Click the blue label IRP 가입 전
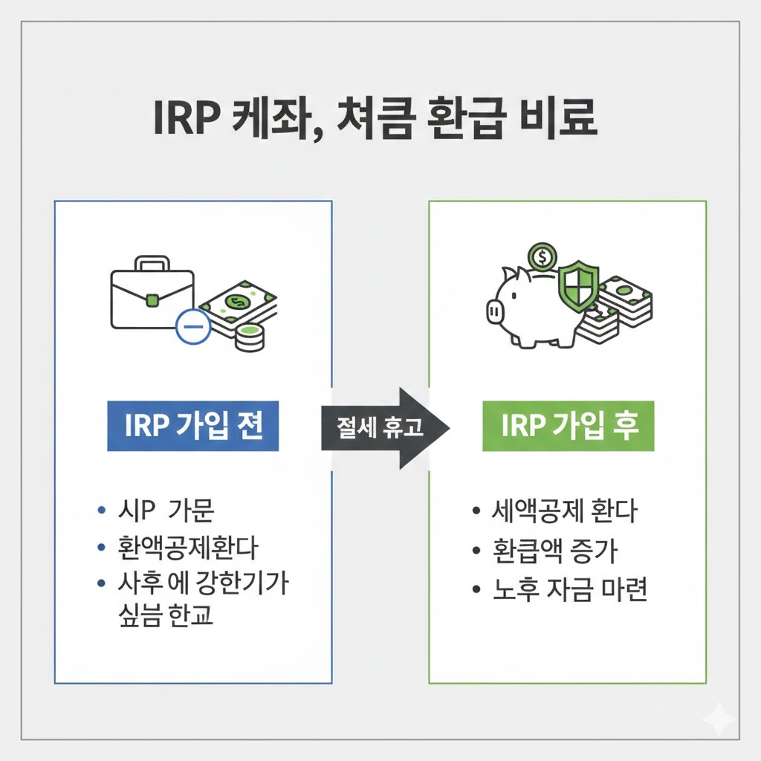192,428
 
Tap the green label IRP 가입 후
568,428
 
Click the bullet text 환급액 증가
554,551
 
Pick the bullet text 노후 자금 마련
570,590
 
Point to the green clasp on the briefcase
152,300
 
